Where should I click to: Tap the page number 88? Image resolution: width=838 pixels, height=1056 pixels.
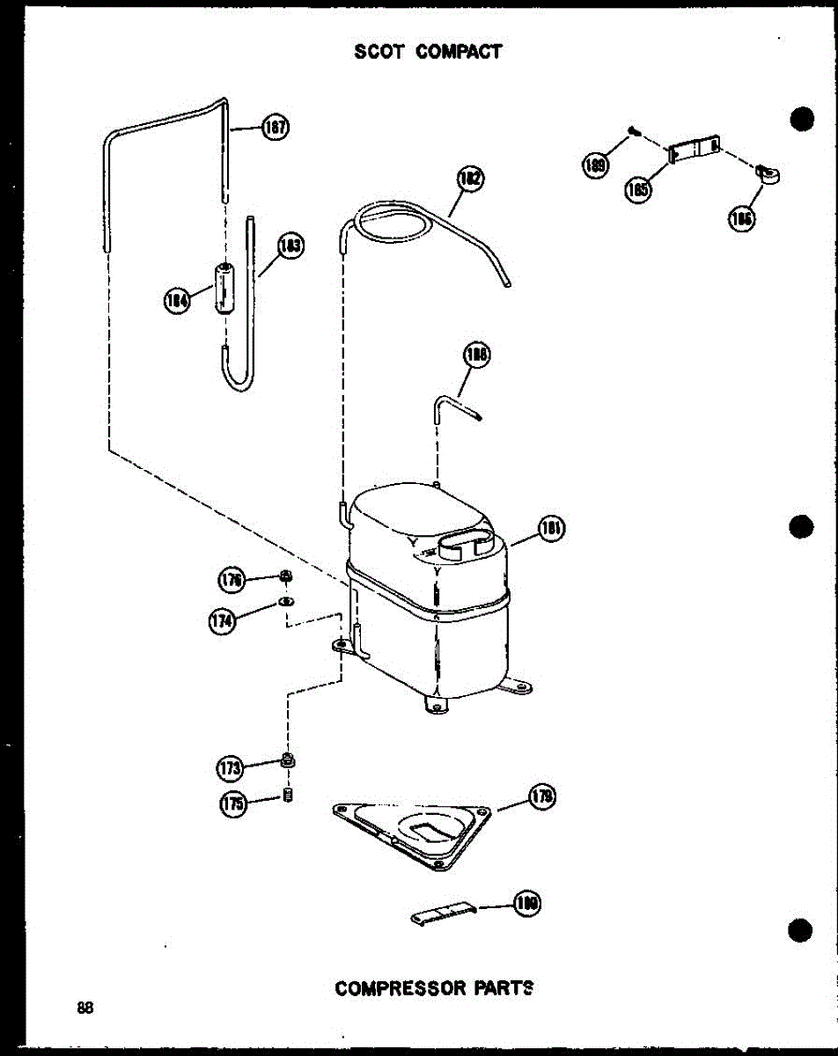pyautogui.click(x=85, y=1008)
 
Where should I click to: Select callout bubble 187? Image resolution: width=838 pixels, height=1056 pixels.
pyautogui.click(x=275, y=128)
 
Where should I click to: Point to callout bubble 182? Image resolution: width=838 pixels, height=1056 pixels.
pyautogui.click(x=471, y=180)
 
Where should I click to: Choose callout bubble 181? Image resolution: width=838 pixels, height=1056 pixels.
pyautogui.click(x=550, y=530)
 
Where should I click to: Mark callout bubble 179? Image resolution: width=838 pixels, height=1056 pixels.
pyautogui.click(x=541, y=797)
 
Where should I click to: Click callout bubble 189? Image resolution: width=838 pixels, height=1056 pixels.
pyautogui.click(x=595, y=165)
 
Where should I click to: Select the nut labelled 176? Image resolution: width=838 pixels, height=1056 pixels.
pyautogui.click(x=285, y=576)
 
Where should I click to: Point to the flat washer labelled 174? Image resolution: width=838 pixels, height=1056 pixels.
pyautogui.click(x=286, y=602)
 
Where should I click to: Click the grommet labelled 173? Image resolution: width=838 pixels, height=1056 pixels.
pyautogui.click(x=288, y=759)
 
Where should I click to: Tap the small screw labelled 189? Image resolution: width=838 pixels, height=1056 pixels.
pyautogui.click(x=634, y=132)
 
